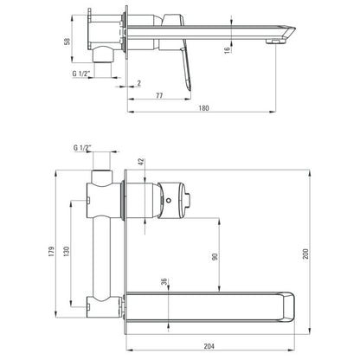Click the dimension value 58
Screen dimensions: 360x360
(x=67, y=42)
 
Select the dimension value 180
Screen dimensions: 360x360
(x=203, y=108)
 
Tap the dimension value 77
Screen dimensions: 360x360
(x=159, y=95)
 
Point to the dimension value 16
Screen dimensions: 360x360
(x=228, y=49)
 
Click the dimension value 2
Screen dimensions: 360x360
(x=139, y=83)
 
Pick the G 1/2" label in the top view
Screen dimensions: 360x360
(x=80, y=74)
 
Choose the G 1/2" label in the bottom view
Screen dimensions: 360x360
(x=82, y=148)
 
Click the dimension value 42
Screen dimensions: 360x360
(x=141, y=162)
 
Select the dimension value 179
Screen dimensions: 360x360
(x=51, y=252)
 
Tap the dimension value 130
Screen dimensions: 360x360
(x=67, y=251)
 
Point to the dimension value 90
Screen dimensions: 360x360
(x=215, y=256)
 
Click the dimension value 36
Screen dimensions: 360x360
(x=164, y=282)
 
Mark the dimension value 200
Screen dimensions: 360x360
(x=305, y=254)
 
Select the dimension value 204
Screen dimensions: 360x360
(x=209, y=346)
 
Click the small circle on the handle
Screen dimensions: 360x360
(x=169, y=200)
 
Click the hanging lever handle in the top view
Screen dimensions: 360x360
(x=186, y=69)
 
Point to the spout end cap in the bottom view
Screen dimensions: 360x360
(x=288, y=306)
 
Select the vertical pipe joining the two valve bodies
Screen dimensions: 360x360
(x=101, y=258)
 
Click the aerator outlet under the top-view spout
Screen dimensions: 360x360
(x=275, y=42)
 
